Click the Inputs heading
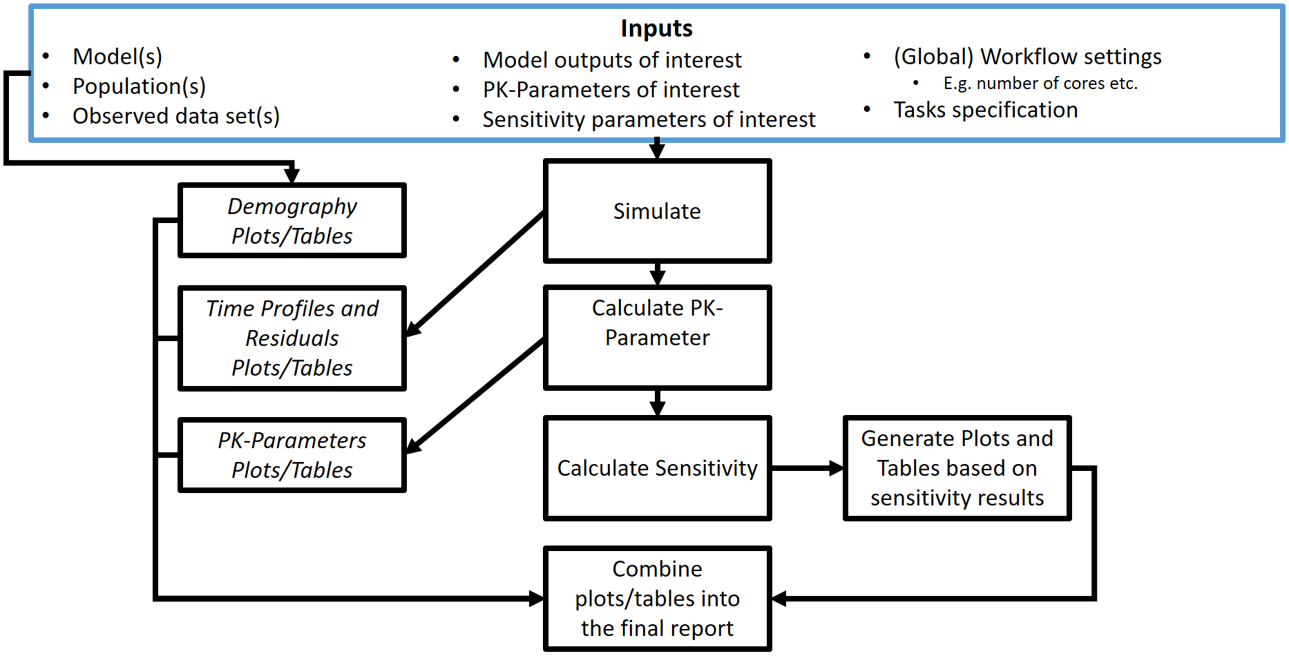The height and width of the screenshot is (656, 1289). [656, 28]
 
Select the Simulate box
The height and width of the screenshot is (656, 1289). [657, 211]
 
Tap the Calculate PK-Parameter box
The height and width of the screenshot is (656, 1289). [657, 338]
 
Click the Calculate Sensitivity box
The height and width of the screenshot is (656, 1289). [657, 468]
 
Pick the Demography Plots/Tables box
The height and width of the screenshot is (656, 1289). [292, 221]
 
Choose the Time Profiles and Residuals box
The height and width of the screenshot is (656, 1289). [292, 338]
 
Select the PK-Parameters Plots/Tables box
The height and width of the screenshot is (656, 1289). [292, 455]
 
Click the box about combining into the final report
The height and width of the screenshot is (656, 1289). [657, 599]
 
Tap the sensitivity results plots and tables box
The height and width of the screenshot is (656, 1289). [957, 468]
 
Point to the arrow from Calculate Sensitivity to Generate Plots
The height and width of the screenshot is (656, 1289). [807, 468]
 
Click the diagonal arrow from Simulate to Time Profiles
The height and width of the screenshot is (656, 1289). [475, 274]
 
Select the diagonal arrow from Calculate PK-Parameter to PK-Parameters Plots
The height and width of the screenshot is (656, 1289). [475, 396]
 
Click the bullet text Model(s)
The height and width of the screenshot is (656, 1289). [117, 57]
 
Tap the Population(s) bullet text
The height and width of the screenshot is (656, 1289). [139, 86]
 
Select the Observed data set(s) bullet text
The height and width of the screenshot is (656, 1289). [176, 116]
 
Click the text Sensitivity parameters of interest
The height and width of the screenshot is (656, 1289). [649, 119]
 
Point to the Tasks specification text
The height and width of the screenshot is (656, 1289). [986, 110]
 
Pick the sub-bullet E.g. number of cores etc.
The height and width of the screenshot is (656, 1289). [1040, 84]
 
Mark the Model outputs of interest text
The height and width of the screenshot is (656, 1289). [612, 60]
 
